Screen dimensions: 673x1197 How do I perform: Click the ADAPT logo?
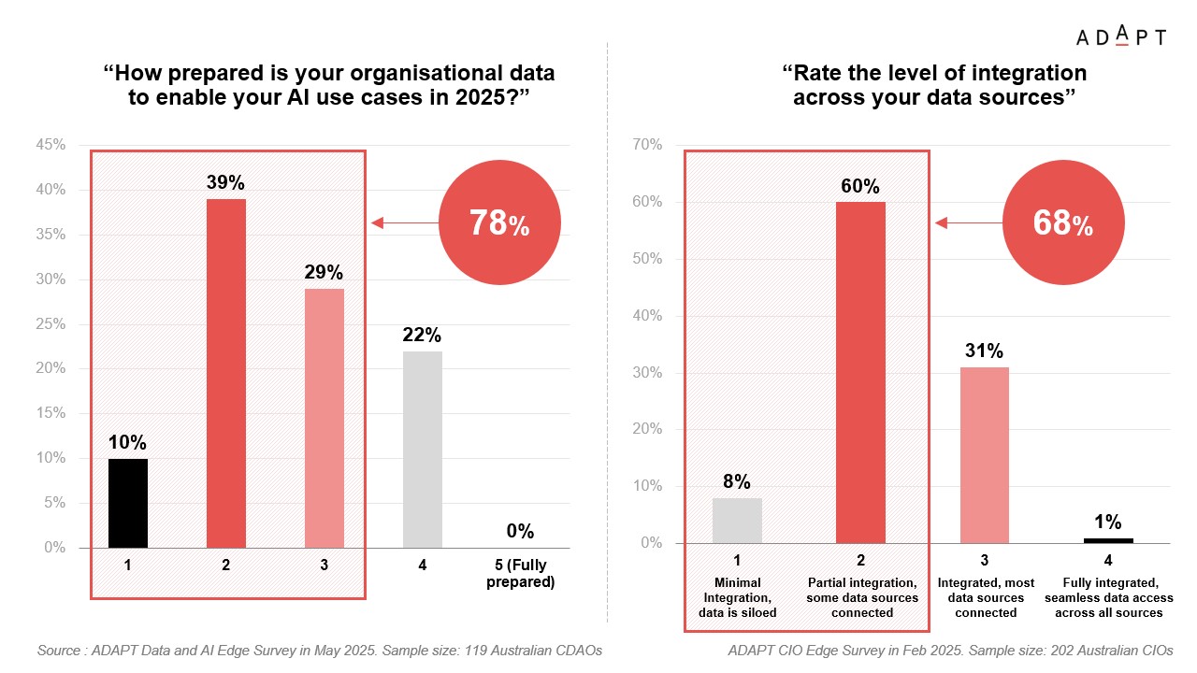click(x=1120, y=37)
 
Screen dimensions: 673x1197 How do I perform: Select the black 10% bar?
click(x=128, y=503)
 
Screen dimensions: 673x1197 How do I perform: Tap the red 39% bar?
click(x=226, y=373)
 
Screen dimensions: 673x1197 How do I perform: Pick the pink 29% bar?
click(x=324, y=418)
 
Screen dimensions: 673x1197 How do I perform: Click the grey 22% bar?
click(x=423, y=450)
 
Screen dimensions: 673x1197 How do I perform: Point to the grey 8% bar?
click(x=737, y=521)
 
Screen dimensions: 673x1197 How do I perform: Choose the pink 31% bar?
click(x=985, y=455)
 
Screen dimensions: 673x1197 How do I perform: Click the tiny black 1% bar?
click(x=1108, y=540)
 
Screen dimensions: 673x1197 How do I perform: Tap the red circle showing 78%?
click(x=499, y=224)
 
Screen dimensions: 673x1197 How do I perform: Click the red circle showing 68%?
click(x=1063, y=224)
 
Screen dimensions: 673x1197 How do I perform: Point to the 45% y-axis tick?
click(x=51, y=145)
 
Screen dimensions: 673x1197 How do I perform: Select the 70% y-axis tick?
click(x=646, y=145)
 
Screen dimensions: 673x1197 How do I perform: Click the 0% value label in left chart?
click(x=520, y=532)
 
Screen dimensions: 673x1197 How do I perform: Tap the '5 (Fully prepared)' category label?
click(x=520, y=574)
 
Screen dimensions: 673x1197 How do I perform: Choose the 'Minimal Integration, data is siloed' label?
click(x=737, y=597)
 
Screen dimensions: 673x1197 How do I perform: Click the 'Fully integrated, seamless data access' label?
click(x=1108, y=597)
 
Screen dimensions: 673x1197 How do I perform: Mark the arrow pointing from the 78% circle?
click(x=404, y=223)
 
